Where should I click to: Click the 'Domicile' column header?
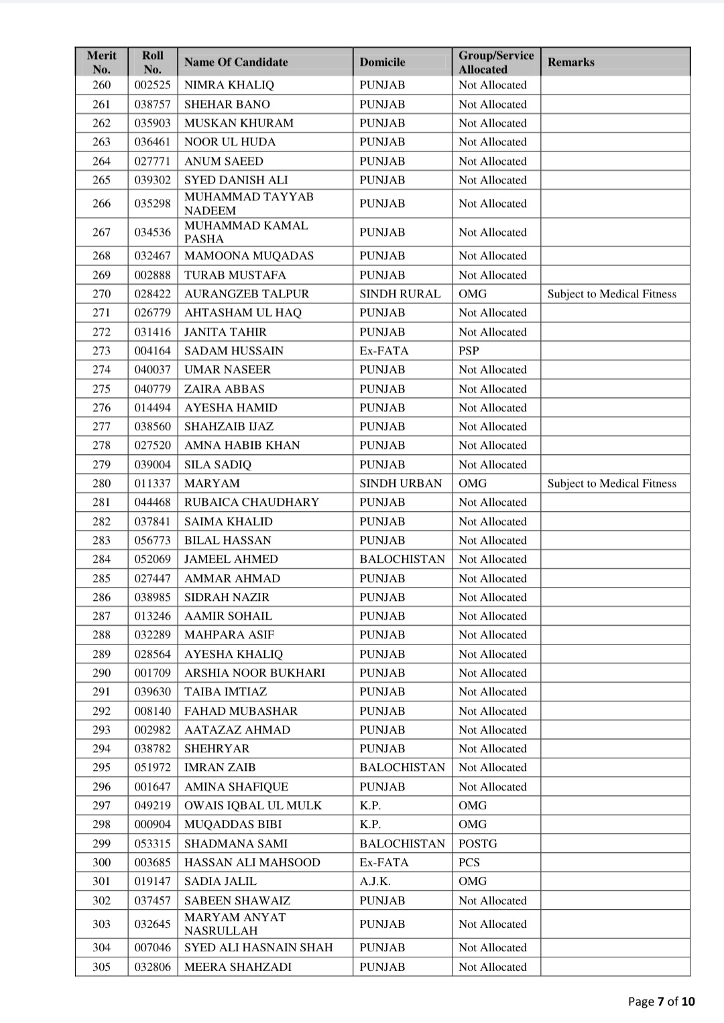[x=382, y=62]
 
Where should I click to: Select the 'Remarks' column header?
[x=570, y=62]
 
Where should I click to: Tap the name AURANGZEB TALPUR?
[x=247, y=293]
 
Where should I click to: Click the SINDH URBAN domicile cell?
[x=401, y=483]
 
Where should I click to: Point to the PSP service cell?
[x=469, y=350]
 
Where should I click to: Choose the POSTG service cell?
[x=478, y=843]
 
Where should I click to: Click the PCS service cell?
[x=469, y=862]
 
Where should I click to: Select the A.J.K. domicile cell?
[x=375, y=881]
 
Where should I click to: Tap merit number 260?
[x=102, y=85]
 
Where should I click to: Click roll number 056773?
[x=153, y=540]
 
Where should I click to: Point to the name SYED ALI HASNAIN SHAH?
[x=258, y=947]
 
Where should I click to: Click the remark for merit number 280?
[x=611, y=483]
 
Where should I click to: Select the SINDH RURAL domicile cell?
[x=400, y=293]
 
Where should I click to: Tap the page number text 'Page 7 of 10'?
[x=661, y=1002]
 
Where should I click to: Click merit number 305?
[x=102, y=967]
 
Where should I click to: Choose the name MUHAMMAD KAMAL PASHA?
[x=246, y=232]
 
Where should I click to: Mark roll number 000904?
[x=153, y=824]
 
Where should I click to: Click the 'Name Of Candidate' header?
[x=236, y=62]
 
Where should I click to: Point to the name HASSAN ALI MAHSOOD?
[x=252, y=862]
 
